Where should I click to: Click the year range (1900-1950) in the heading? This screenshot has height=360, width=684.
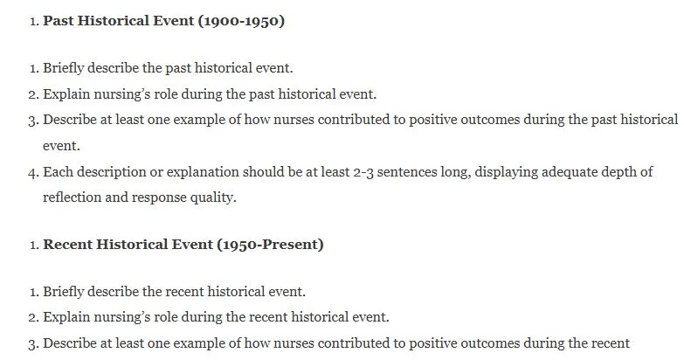[x=241, y=21]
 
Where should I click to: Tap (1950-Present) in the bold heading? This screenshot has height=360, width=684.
[x=270, y=245]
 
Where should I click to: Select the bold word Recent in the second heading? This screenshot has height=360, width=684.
[x=67, y=244]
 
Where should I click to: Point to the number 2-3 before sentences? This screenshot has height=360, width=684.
[x=363, y=172]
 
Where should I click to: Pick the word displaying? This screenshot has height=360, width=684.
[x=506, y=172]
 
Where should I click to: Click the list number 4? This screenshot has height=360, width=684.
[x=33, y=172]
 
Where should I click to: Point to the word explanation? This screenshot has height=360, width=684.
[x=203, y=172]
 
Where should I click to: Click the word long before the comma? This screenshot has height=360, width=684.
[x=454, y=172]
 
